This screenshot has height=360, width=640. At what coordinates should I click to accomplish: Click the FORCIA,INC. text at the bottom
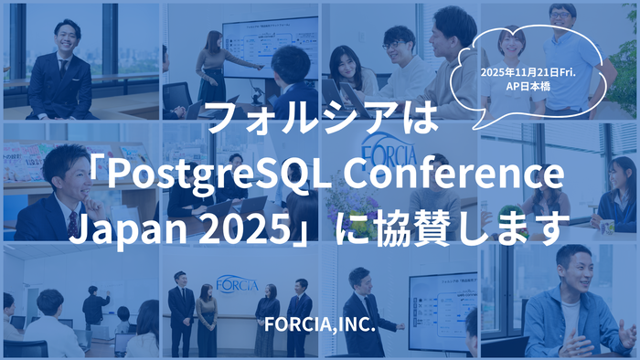point(319,323)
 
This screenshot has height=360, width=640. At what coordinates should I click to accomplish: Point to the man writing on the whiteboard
point(93,306)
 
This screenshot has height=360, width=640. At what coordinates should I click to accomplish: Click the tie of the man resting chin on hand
point(72,222)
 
